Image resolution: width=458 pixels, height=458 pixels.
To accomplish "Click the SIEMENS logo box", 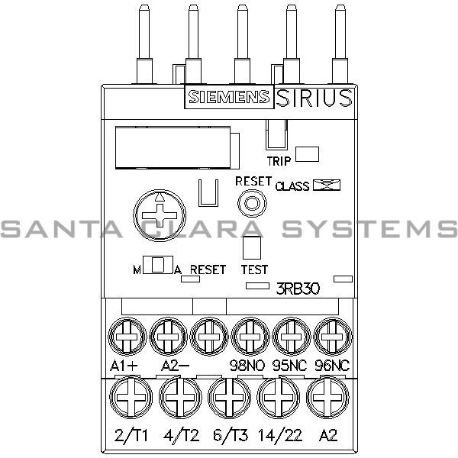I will coord(227,97).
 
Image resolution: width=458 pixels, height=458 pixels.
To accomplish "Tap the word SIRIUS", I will coord(313,97).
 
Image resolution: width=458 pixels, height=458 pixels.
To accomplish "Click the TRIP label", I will coord(279,161).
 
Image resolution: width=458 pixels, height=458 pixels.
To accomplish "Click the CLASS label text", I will coord(292,185).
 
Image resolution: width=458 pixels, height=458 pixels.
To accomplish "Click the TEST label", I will coord(254,269).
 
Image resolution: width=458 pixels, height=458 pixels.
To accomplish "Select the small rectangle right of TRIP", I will coord(308,153).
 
